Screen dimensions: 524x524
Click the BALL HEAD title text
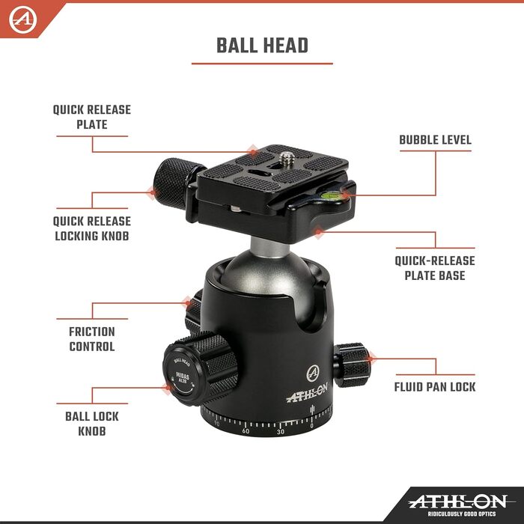(x=262, y=46)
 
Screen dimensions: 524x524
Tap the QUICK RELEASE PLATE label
(x=92, y=117)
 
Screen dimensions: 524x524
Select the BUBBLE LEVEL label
(x=436, y=140)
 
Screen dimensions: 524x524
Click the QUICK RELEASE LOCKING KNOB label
(x=92, y=228)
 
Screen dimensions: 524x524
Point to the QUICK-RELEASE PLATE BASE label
(x=435, y=268)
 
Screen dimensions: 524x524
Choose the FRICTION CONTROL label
(x=92, y=339)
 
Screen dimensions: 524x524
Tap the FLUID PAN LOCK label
(x=435, y=387)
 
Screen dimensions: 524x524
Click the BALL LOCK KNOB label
(x=92, y=424)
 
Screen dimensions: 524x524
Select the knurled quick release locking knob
(x=174, y=183)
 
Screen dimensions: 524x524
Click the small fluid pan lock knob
(x=353, y=365)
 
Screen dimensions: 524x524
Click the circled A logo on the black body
(x=313, y=374)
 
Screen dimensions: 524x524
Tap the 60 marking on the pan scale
(x=246, y=430)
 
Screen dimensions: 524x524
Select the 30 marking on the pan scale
(x=281, y=432)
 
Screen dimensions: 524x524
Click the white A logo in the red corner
(x=22, y=19)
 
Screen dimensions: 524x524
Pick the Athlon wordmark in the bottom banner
(x=458, y=502)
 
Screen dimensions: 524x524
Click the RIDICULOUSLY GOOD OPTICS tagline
(x=462, y=514)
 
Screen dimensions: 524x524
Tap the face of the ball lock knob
(x=181, y=376)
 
